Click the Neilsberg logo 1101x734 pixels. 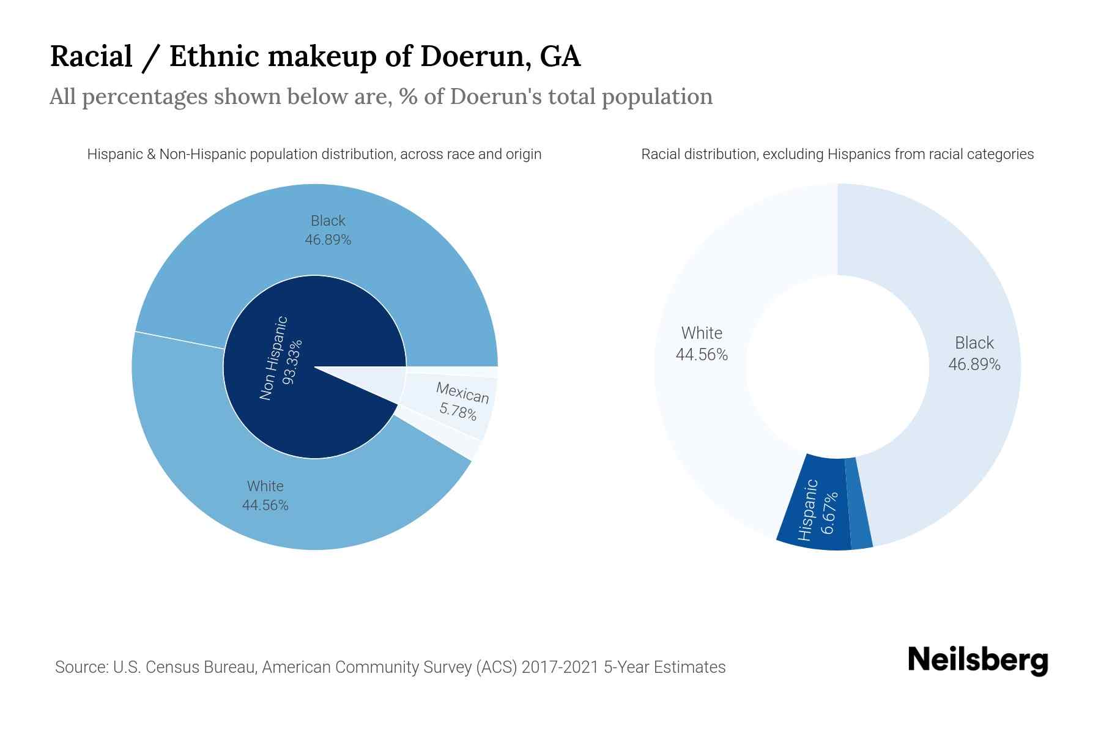click(977, 660)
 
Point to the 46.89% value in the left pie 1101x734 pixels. click(328, 240)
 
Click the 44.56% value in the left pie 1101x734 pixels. click(265, 505)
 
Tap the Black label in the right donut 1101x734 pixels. click(974, 343)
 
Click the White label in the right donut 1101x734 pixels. click(702, 333)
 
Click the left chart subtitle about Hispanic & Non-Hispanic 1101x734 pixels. click(314, 154)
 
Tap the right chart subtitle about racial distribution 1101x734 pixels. click(837, 154)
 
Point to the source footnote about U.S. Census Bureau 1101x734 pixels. click(390, 667)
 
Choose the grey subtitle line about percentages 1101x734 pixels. click(380, 97)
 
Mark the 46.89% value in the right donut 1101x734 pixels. click(974, 365)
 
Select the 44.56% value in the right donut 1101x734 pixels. click(702, 355)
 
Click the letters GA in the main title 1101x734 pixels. click(560, 57)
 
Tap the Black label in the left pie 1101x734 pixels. click(328, 221)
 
